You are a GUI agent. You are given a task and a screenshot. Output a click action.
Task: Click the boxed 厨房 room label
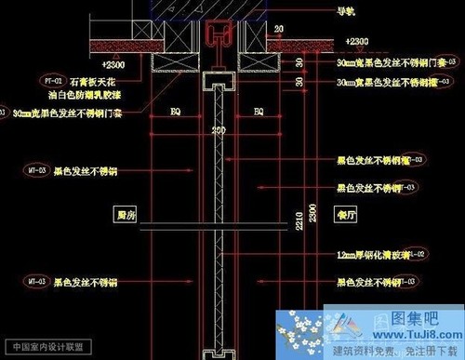tap(126, 213)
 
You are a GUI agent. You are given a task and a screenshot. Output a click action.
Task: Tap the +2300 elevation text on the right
tap(355, 42)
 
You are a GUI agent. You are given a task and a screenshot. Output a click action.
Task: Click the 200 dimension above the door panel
tap(219, 130)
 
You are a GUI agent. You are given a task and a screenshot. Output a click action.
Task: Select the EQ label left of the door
tap(174, 112)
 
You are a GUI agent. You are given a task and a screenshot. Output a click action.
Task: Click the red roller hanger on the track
tap(219, 36)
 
